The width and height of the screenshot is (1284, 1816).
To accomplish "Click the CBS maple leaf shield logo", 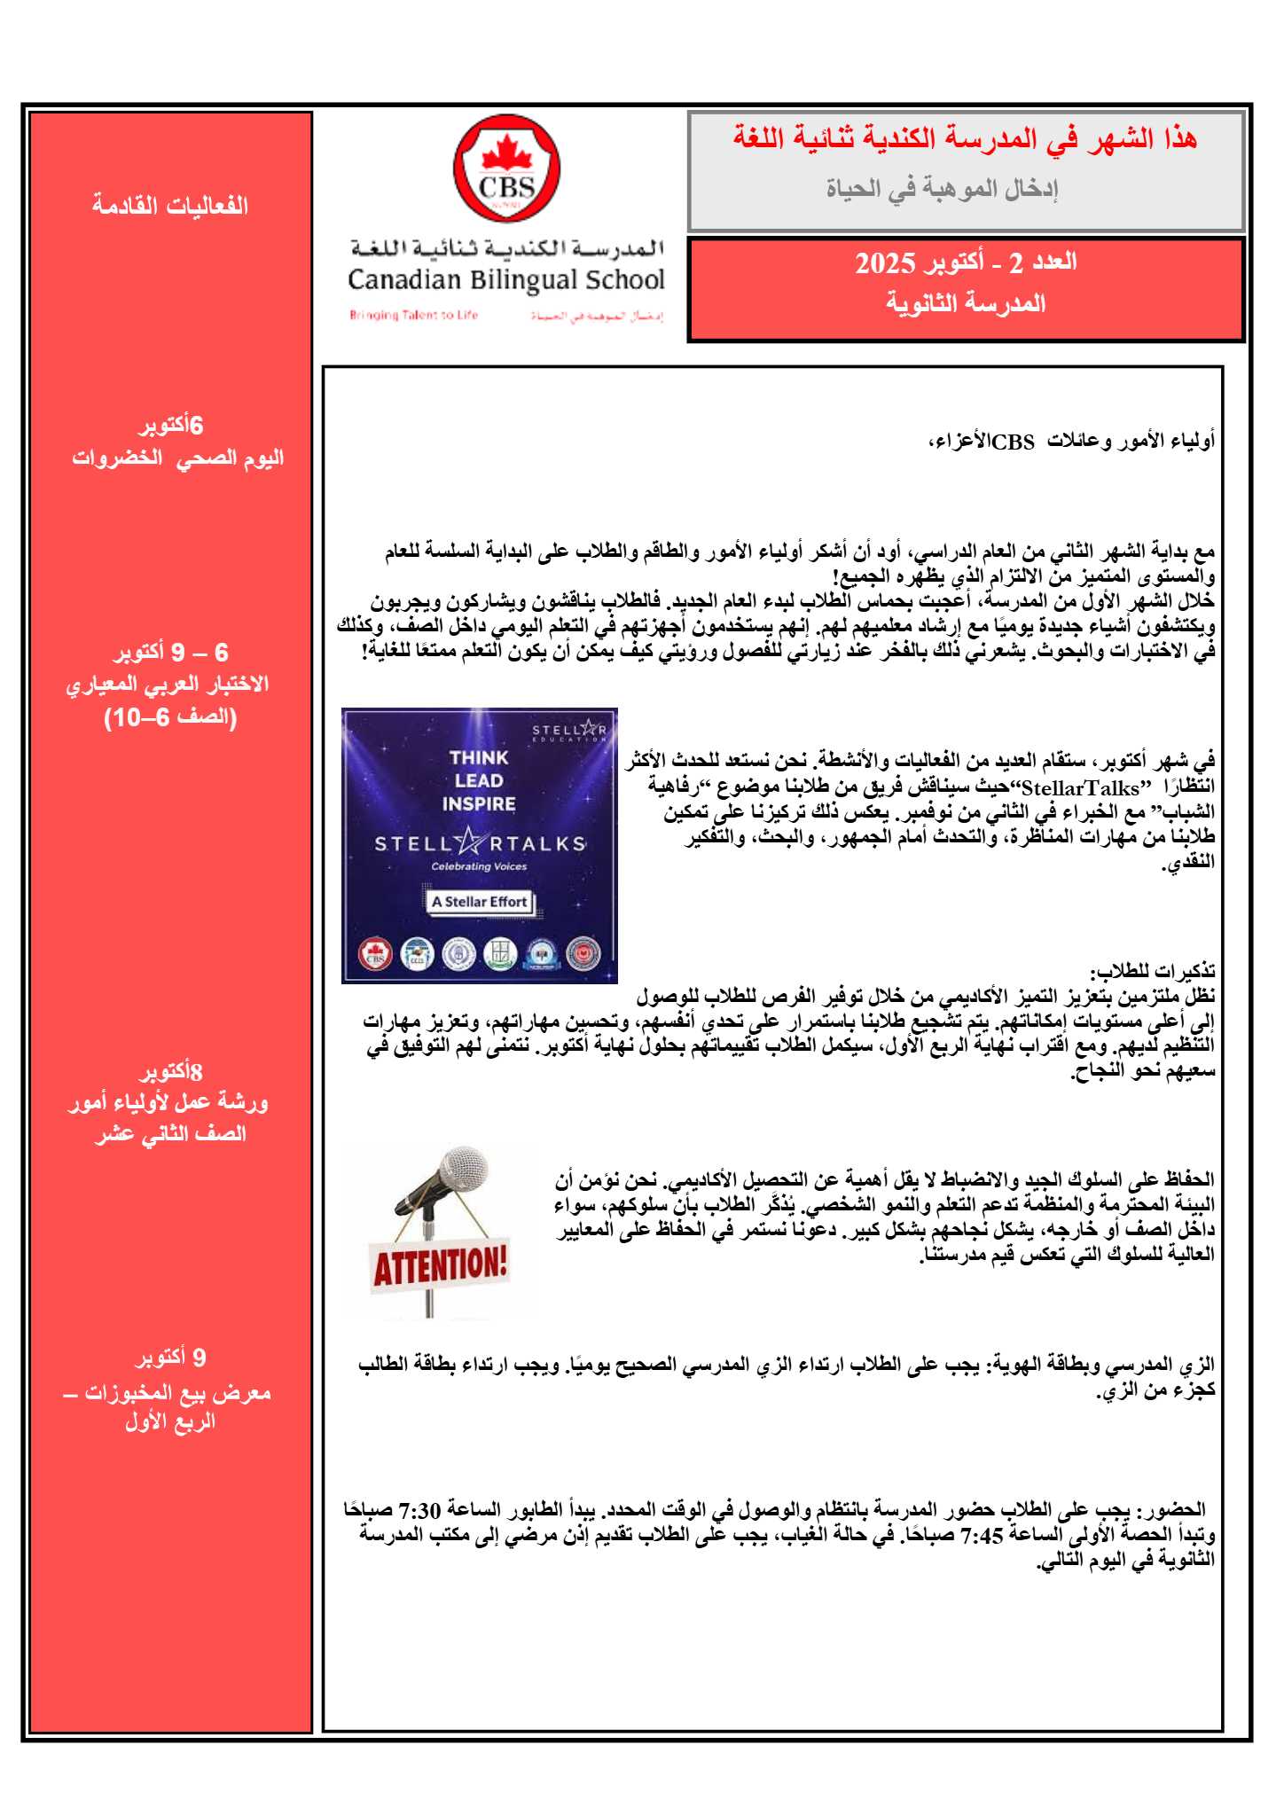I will (506, 170).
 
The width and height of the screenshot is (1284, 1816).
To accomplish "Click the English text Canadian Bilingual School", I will (505, 280).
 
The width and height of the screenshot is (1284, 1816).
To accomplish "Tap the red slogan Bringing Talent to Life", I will (413, 315).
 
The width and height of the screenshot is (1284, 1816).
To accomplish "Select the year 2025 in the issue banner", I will (884, 263).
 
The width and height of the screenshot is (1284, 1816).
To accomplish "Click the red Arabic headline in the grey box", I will (965, 139).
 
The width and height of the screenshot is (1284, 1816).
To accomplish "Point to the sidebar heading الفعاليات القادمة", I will (170, 206).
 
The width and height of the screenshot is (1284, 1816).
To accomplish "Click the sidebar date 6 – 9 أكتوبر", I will (170, 653).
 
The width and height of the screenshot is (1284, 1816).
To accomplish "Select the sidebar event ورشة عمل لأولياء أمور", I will (168, 1102).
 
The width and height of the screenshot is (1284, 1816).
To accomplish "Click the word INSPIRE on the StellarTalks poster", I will (479, 804).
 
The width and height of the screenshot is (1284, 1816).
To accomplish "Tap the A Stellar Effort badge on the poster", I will (479, 902).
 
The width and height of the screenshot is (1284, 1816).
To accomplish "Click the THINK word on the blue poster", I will (479, 757).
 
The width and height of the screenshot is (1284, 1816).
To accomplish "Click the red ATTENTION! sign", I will (440, 1264).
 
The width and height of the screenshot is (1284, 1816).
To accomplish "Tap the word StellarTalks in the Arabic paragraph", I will (1080, 788).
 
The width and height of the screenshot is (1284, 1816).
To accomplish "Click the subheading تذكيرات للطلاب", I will (1152, 970).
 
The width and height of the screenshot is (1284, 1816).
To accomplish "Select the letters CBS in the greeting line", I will (1014, 442).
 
